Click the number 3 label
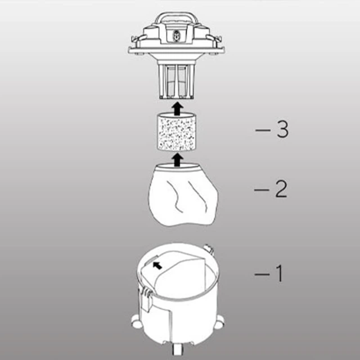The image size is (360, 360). [x=282, y=129]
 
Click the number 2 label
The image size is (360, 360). [x=281, y=189]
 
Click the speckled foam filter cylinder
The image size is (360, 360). [x=176, y=132]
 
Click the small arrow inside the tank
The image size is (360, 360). [x=157, y=265]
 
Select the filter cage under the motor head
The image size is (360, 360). [x=176, y=80]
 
